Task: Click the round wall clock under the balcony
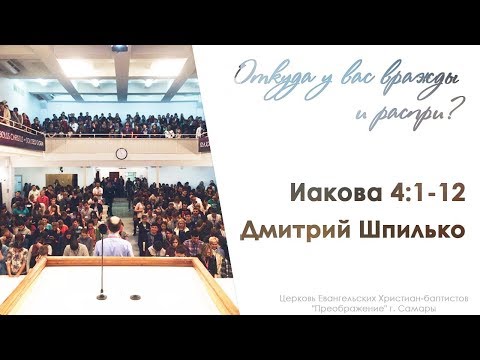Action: coord(121,153)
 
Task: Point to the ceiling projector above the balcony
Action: coord(119,48)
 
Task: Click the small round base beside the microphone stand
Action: coord(135,297)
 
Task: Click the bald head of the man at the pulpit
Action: coord(113,223)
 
